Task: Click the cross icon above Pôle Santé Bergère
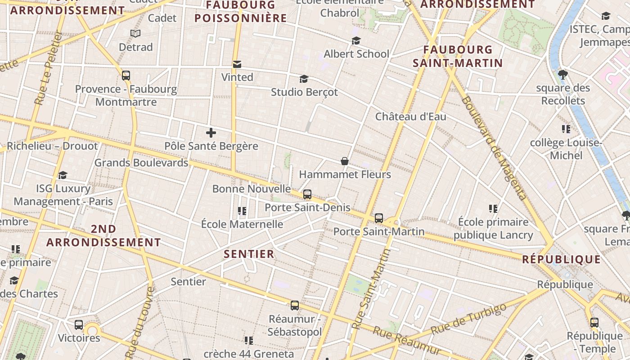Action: coord(211,133)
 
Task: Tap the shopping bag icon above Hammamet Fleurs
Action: coord(344,161)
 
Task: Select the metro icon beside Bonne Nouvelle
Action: coord(307,194)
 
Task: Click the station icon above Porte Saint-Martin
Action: coord(379,218)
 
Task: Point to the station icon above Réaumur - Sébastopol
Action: coord(295,306)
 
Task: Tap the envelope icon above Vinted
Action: coord(237,64)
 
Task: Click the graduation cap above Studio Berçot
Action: coord(304,79)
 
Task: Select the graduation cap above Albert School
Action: coord(356,41)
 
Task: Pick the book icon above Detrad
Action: coord(135,33)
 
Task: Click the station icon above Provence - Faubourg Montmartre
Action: coord(126,76)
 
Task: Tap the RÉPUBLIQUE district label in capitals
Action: coord(561,260)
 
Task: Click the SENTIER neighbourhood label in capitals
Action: coord(249,254)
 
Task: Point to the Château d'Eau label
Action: coord(411,117)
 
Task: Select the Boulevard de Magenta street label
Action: coord(493,148)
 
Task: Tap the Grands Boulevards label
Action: coord(141,163)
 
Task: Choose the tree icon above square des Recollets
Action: coord(562,74)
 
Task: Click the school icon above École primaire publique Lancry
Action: coord(493,209)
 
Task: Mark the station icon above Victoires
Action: coord(79,324)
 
